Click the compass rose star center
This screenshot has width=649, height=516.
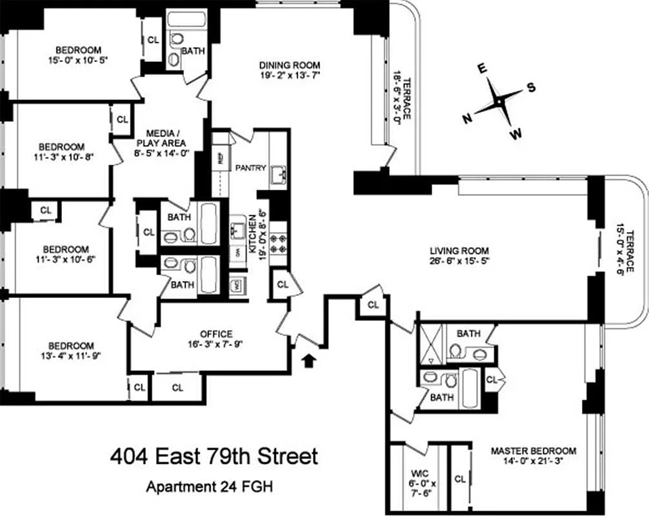point(500,102)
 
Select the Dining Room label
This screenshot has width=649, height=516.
point(290,65)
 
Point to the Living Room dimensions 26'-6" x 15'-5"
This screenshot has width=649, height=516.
point(461,262)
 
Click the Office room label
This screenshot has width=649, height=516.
point(216,333)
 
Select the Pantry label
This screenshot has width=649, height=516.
point(250,168)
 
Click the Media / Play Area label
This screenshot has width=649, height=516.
point(161,137)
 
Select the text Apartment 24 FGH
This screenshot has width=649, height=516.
point(210,486)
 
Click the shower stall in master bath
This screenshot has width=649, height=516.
point(429,345)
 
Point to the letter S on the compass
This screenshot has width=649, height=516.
point(532,88)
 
